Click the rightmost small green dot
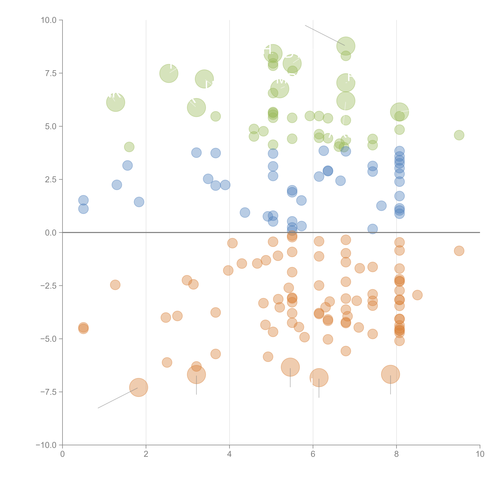(459, 135)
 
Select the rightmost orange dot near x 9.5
(459, 251)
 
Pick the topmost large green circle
(346, 46)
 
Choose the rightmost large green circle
(399, 112)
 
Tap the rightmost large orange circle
(390, 374)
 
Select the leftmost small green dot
(129, 147)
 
